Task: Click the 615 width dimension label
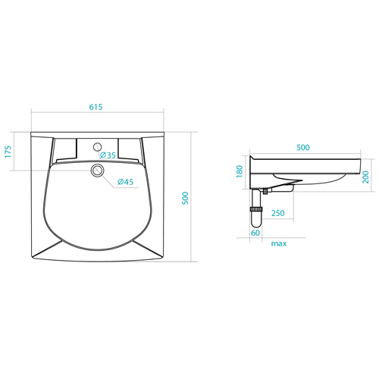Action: pos(96,107)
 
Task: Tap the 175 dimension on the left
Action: pos(8,152)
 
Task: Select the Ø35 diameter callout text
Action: pos(108,155)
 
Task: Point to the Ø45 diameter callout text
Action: pos(125,182)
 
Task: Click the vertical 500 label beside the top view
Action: pos(186,199)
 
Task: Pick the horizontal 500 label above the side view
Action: pos(303,147)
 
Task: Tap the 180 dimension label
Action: pos(240,171)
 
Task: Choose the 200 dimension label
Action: pos(365,177)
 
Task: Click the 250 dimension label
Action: pos(278,213)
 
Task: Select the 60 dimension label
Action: pos(255,233)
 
